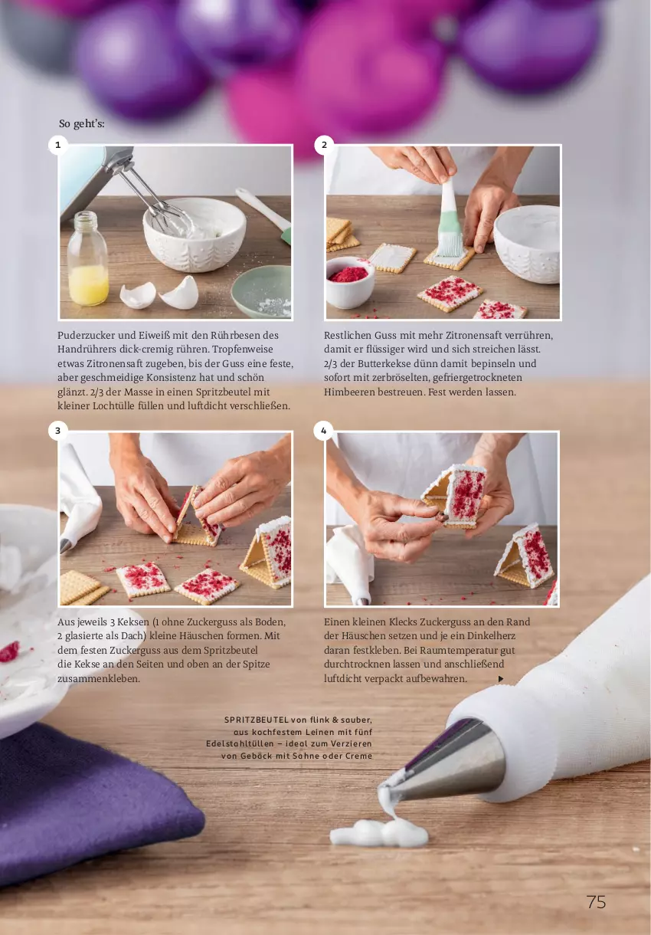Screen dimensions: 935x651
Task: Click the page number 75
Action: coord(596,902)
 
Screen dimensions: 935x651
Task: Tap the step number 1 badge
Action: coord(57,145)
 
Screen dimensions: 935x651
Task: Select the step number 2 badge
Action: coord(324,145)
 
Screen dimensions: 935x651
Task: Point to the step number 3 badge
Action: coord(57,431)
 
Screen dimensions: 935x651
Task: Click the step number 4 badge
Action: coord(324,431)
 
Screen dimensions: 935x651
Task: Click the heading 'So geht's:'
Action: coord(82,123)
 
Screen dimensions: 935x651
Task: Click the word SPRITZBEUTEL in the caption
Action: coord(256,720)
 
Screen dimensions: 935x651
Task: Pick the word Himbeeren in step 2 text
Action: coord(348,392)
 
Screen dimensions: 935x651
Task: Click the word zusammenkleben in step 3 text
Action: coord(99,678)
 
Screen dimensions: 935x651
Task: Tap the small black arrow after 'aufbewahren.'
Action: coord(501,679)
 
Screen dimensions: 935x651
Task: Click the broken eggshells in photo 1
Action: coord(159,294)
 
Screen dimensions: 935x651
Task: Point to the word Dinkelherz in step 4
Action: coord(505,636)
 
